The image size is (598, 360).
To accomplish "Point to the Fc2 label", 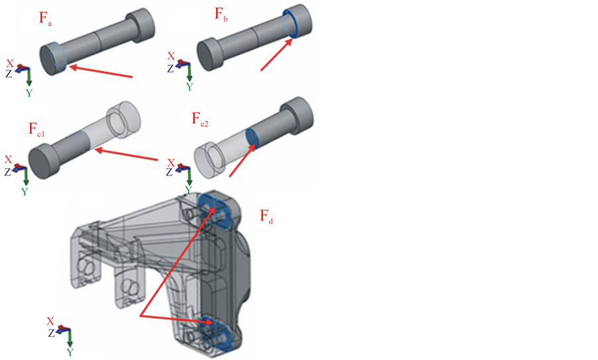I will (201, 119).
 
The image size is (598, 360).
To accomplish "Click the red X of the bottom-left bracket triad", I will (50, 321).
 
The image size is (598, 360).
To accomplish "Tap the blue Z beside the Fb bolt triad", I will (171, 68).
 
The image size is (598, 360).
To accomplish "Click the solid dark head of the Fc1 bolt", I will (42, 161).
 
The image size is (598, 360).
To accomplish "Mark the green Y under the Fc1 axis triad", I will (25, 191).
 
